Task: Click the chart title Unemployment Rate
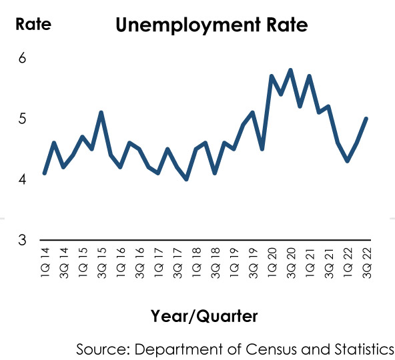pyautogui.click(x=212, y=25)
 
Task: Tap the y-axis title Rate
pyautogui.click(x=33, y=24)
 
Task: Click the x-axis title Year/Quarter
pyautogui.click(x=204, y=316)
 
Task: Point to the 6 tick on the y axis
pyautogui.click(x=22, y=58)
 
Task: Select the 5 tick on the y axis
pyautogui.click(x=22, y=118)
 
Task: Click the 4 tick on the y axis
pyautogui.click(x=22, y=179)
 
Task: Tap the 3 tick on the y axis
pyautogui.click(x=22, y=239)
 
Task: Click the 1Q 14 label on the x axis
pyautogui.click(x=45, y=262)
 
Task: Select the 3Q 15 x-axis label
pyautogui.click(x=102, y=263)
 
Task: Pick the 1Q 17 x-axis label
pyautogui.click(x=159, y=262)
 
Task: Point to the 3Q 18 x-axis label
pyautogui.click(x=216, y=263)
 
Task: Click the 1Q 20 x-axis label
pyautogui.click(x=272, y=262)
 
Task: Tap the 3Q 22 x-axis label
pyautogui.click(x=366, y=263)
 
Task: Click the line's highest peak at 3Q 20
pyautogui.click(x=290, y=70)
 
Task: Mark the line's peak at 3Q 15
pyautogui.click(x=101, y=112)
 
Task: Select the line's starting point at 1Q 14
pyautogui.click(x=45, y=173)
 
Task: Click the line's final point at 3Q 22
pyautogui.click(x=366, y=118)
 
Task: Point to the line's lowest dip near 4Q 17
pyautogui.click(x=186, y=179)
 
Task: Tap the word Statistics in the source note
pyautogui.click(x=364, y=349)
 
